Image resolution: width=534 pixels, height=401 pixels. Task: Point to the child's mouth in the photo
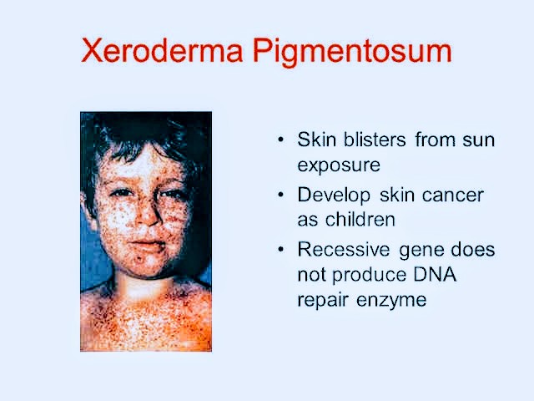point(148,246)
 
